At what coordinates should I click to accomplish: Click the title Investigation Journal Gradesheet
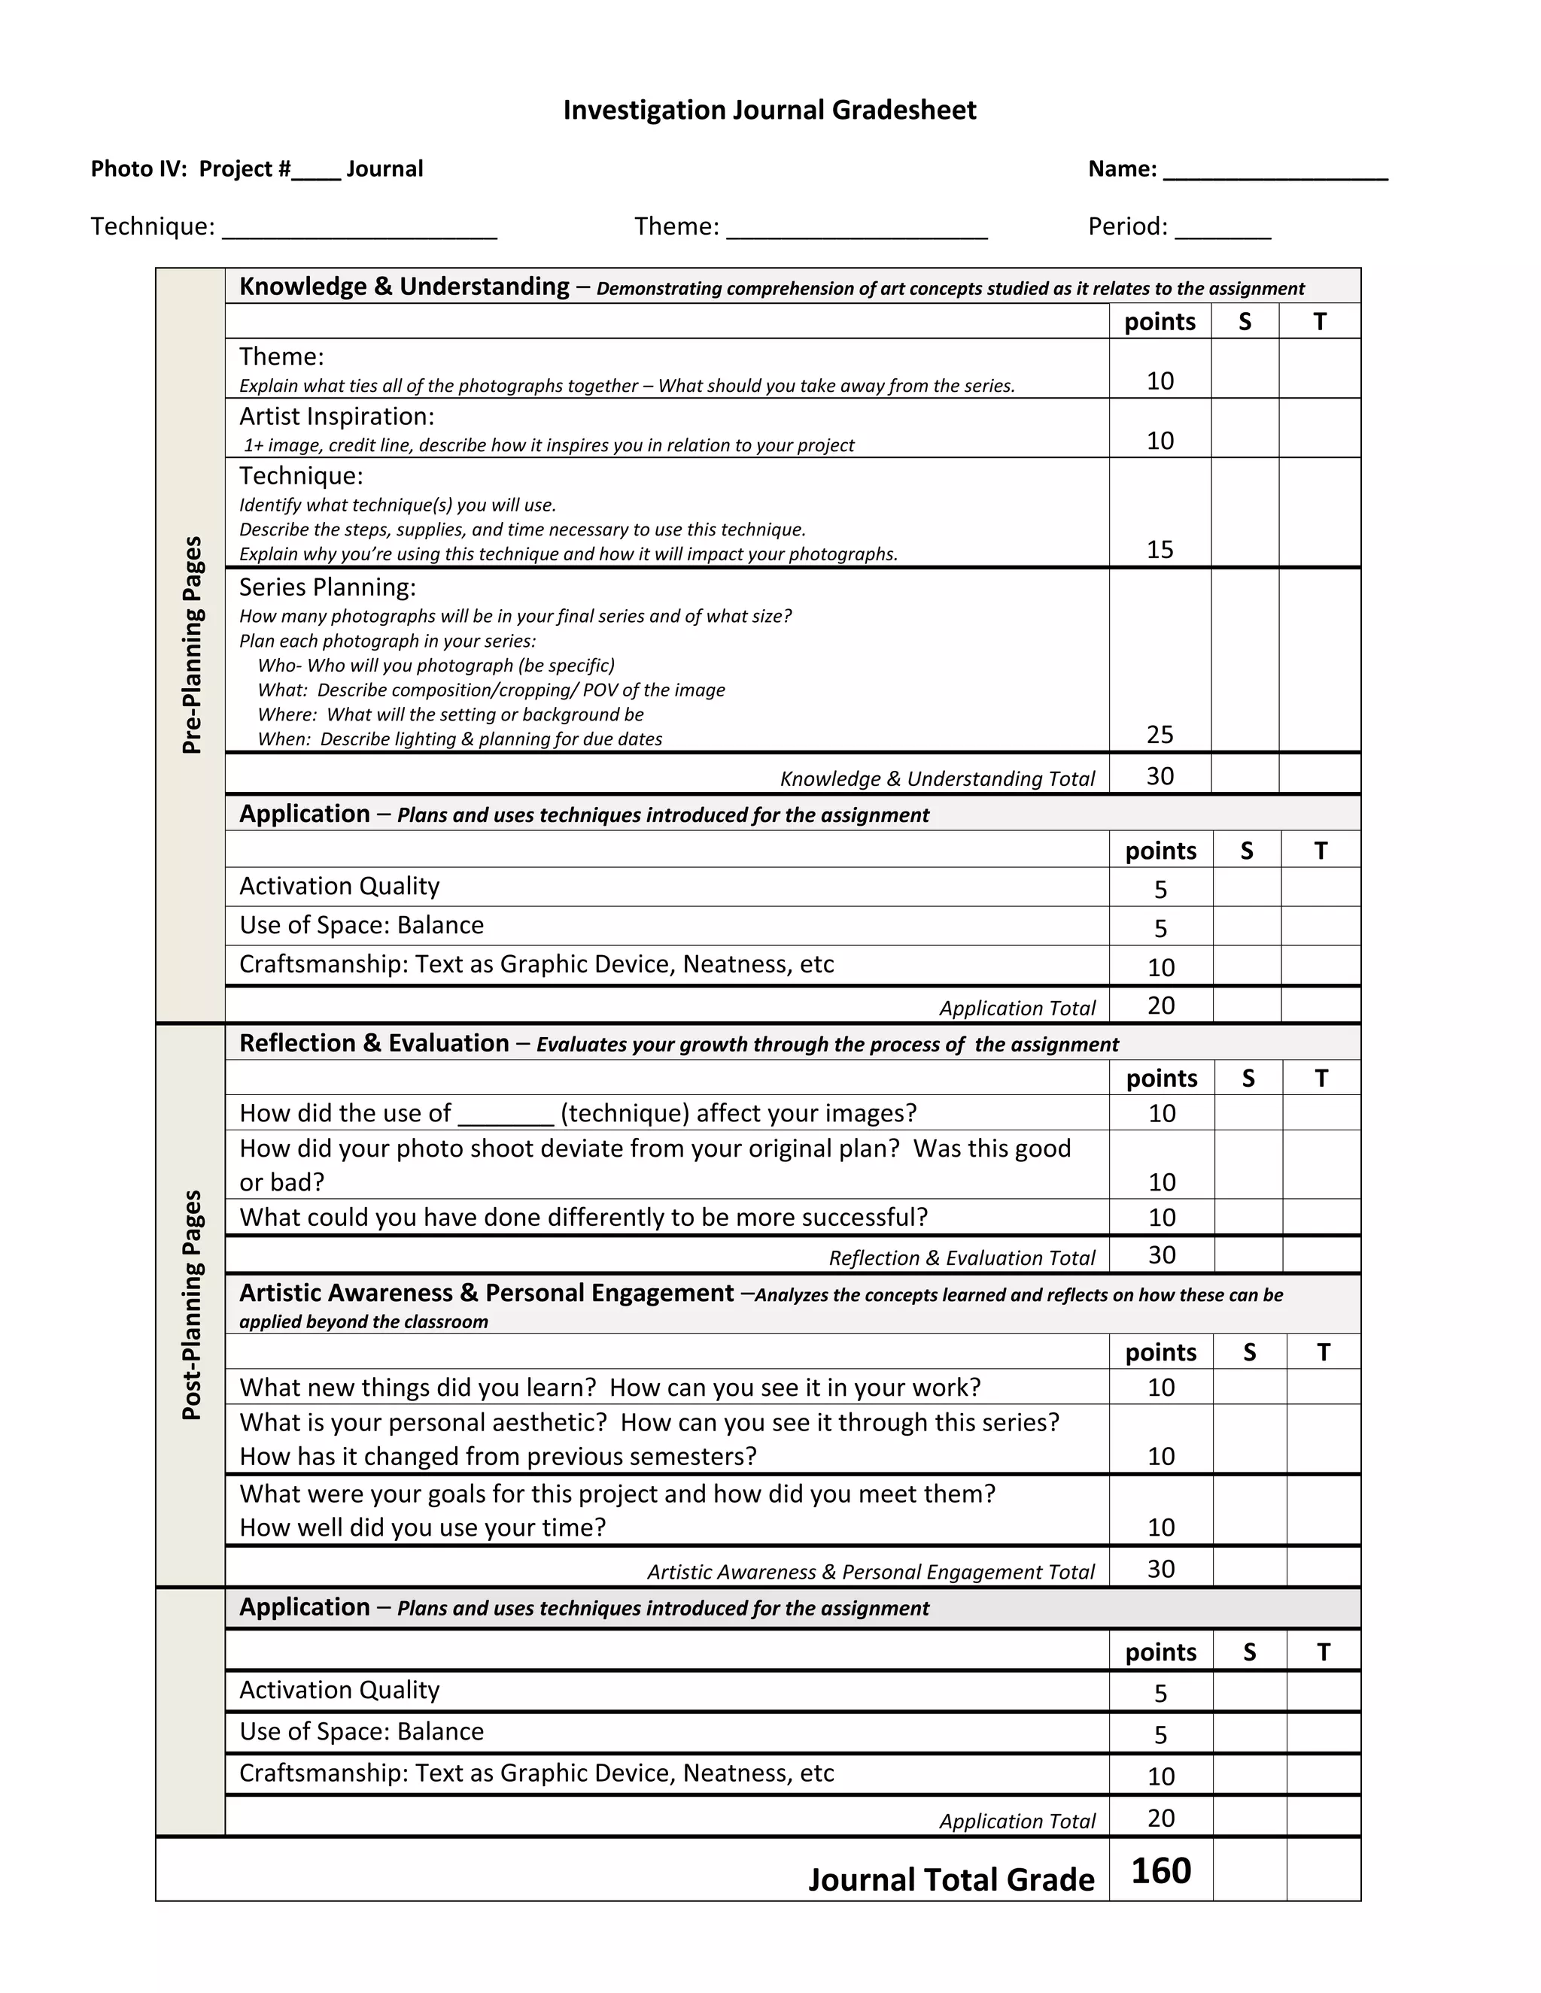(769, 111)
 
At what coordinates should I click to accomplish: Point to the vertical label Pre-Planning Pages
(191, 645)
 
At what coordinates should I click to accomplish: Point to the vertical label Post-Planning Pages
(191, 1304)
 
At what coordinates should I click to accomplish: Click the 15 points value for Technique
(1160, 549)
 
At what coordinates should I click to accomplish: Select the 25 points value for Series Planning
(1160, 734)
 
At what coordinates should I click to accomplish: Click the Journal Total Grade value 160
(1160, 1870)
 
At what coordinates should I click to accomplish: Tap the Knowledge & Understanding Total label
(937, 778)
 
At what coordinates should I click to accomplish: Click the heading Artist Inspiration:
(337, 416)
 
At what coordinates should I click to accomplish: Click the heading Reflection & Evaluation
(374, 1043)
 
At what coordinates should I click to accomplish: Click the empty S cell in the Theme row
(1245, 369)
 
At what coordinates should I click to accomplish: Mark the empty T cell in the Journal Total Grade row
(1323, 1870)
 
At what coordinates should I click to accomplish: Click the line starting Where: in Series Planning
(450, 714)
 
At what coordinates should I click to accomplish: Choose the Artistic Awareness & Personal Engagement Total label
(870, 1571)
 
